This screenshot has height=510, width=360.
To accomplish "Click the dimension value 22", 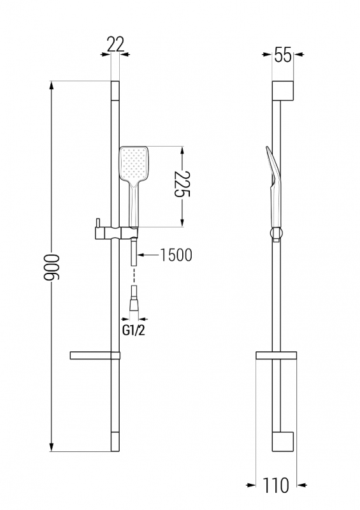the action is [x=115, y=45].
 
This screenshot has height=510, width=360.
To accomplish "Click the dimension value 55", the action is [x=283, y=55].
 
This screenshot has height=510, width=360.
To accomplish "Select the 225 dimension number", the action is [x=182, y=184].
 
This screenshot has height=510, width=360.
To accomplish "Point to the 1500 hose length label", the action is [x=176, y=255].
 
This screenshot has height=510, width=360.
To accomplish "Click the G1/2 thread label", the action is [x=133, y=331].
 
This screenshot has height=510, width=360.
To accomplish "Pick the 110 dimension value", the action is [x=275, y=485].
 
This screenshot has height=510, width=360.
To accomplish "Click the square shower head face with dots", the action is [x=134, y=164].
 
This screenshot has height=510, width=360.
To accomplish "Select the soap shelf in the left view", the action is [x=95, y=356].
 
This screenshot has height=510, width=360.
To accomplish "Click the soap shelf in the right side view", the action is [x=276, y=356].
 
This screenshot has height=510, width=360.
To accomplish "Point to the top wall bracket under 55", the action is [x=283, y=90].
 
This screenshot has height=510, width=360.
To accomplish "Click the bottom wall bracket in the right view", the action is [x=283, y=442].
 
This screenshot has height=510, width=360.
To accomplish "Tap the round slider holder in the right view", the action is [x=276, y=233].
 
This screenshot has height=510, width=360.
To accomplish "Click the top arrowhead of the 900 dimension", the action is [x=52, y=85].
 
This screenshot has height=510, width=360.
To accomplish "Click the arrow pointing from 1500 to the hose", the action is [x=148, y=256].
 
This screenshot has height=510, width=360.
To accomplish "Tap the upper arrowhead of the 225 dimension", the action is [x=182, y=151].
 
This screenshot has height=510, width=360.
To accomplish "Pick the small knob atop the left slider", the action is [x=97, y=222].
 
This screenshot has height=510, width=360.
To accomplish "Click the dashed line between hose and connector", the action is [x=134, y=276].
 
